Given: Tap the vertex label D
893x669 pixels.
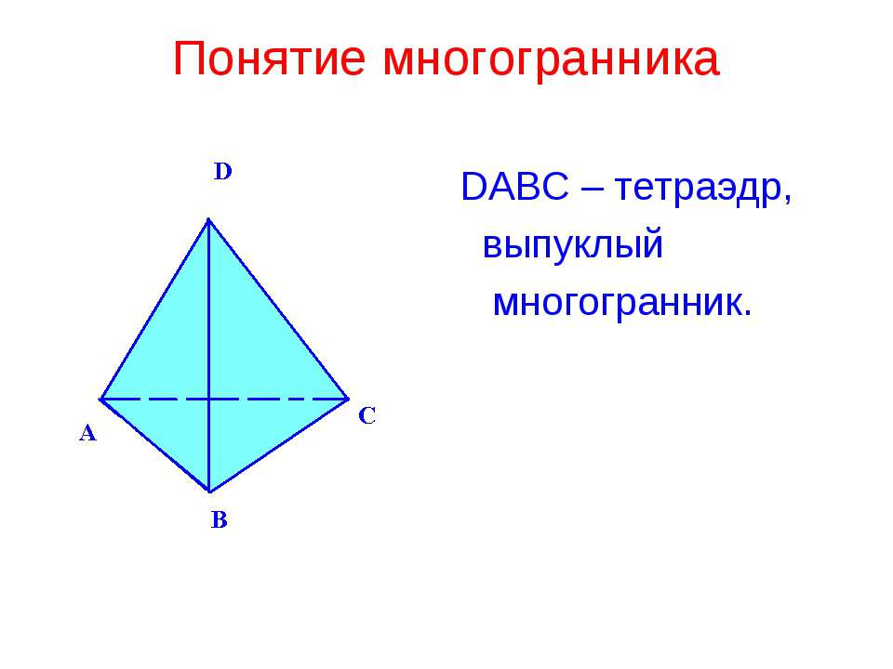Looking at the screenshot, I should (x=223, y=172).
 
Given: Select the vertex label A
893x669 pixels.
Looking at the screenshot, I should (x=87, y=433).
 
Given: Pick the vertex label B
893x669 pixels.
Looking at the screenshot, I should (x=219, y=520).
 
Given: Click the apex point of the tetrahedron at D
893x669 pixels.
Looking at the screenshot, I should (x=208, y=219).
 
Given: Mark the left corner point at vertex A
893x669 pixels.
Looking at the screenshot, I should (x=101, y=398).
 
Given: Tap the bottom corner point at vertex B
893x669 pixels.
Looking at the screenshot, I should (x=209, y=491).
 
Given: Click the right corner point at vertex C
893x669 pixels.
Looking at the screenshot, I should (x=348, y=398).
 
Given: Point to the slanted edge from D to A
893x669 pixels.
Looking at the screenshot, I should (x=154, y=308).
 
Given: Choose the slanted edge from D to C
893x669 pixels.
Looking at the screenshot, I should (x=278, y=308).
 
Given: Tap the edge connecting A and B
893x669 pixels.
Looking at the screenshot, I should (x=155, y=444).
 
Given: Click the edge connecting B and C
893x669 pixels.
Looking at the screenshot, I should (x=279, y=444).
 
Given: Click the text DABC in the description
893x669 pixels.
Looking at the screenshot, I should (x=514, y=190).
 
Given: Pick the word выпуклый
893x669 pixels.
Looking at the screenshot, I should (x=573, y=246).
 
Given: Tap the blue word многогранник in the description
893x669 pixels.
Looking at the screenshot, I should (x=621, y=302).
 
